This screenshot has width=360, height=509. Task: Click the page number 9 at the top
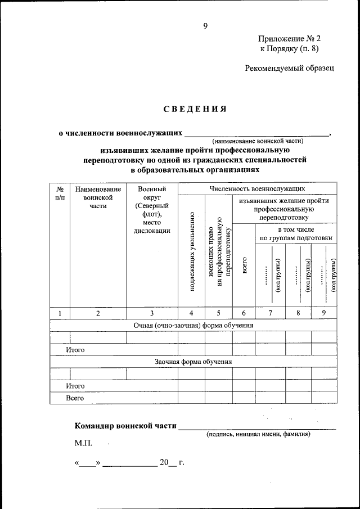click(206, 25)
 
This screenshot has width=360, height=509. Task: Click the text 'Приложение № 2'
click(289, 39)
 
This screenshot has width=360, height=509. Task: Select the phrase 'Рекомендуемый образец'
click(290, 68)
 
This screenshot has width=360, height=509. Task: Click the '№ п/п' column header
click(60, 193)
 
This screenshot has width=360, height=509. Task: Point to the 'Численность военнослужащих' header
click(257, 189)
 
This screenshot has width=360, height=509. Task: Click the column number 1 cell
click(60, 314)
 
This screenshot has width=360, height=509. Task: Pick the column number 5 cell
click(218, 314)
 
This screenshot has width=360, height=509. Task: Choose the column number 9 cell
click(323, 314)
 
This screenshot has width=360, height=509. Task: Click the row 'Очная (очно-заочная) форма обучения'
click(193, 325)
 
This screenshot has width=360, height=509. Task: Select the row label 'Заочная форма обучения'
click(193, 362)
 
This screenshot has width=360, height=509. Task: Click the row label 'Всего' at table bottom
click(75, 398)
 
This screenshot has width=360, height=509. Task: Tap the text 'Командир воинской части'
click(124, 425)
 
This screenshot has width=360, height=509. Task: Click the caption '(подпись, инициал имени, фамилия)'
click(258, 434)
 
